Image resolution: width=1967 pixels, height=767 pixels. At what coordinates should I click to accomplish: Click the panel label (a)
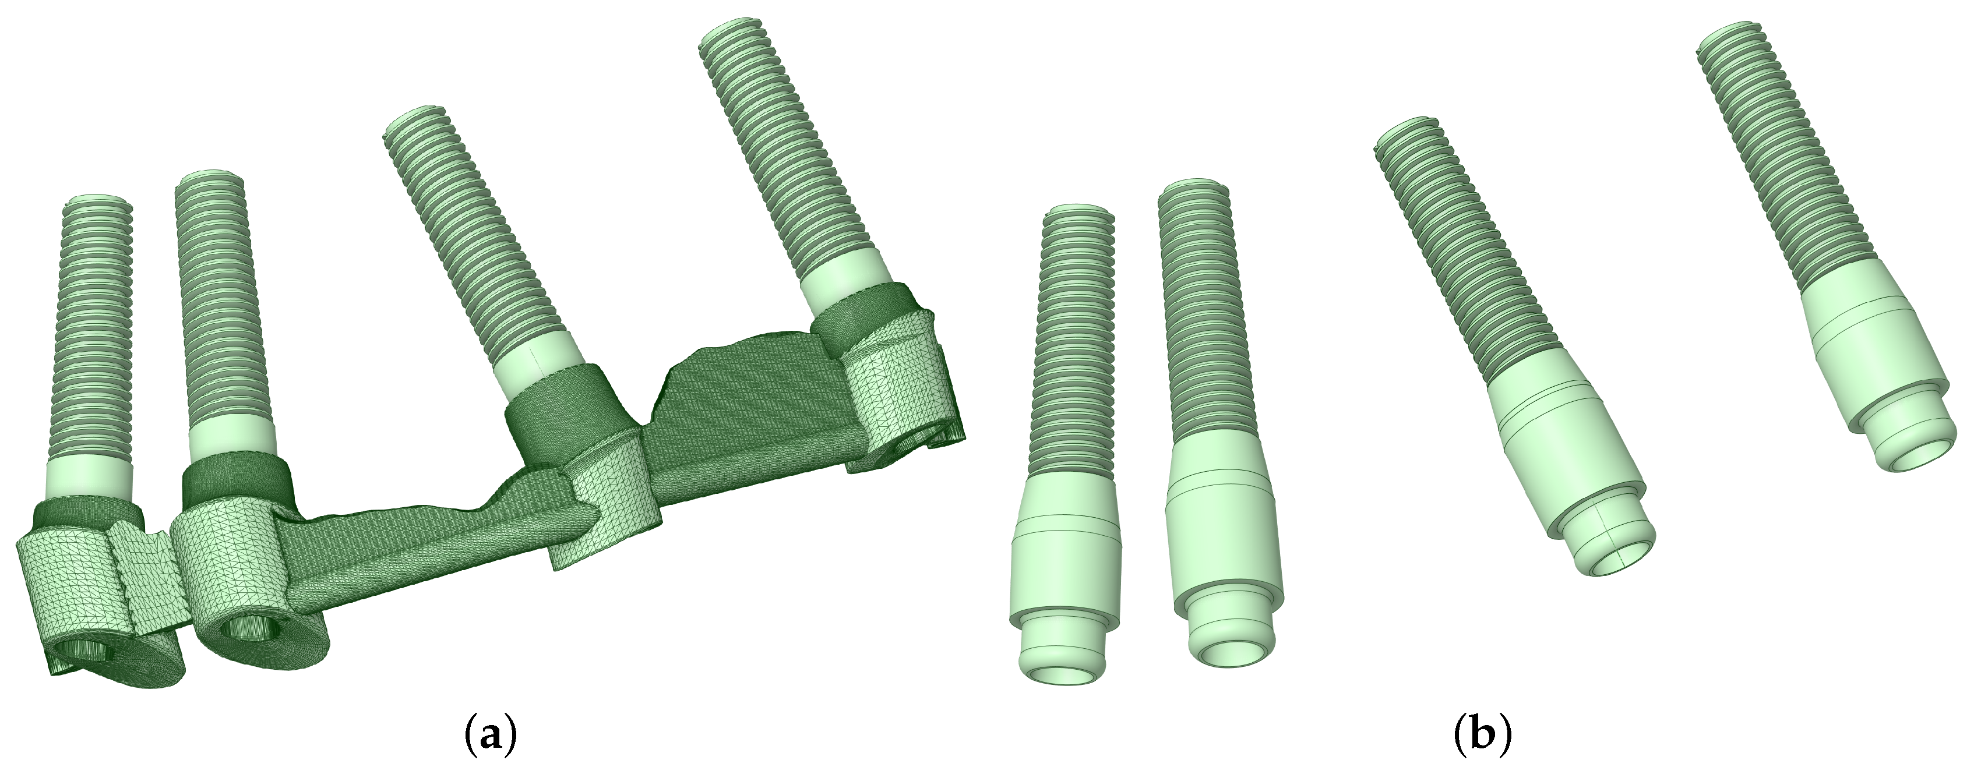pos(490,737)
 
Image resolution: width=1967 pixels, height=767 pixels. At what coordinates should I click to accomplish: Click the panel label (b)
pos(1482,737)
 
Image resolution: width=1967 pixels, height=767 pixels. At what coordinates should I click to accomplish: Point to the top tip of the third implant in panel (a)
pos(415,121)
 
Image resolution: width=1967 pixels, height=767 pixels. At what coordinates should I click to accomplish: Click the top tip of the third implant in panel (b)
pos(1406,128)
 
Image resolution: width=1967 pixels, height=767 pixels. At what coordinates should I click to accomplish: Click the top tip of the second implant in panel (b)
pos(1193,188)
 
